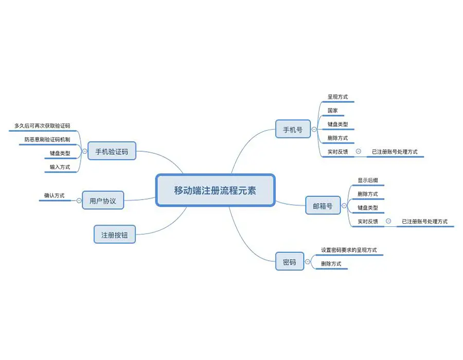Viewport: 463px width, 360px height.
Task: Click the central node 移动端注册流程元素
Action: (x=215, y=190)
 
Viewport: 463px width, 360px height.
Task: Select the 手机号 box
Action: (x=293, y=130)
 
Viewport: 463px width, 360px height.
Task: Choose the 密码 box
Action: (x=289, y=262)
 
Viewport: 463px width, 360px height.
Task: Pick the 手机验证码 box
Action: (x=111, y=152)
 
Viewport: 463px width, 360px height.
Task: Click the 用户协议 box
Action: (x=103, y=201)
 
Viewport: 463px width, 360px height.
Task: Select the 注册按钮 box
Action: (x=114, y=235)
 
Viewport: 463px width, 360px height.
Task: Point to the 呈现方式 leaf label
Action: (x=337, y=96)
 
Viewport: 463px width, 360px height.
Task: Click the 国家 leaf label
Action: (x=332, y=110)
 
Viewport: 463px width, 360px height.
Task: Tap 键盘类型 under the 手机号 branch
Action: (x=337, y=124)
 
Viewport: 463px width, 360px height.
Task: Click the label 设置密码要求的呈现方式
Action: (x=349, y=250)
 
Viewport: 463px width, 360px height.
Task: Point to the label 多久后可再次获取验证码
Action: (x=42, y=125)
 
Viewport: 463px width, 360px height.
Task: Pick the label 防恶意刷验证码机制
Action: (x=47, y=139)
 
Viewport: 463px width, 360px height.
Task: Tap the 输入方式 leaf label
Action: (x=60, y=167)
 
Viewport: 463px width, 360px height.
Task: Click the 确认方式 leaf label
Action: (x=54, y=195)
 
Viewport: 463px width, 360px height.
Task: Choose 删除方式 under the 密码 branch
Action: (x=331, y=264)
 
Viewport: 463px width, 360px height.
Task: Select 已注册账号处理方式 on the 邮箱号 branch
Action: (x=424, y=222)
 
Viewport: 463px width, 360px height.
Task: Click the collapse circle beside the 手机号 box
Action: (x=315, y=130)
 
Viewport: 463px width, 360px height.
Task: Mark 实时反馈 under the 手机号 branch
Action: (x=337, y=152)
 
